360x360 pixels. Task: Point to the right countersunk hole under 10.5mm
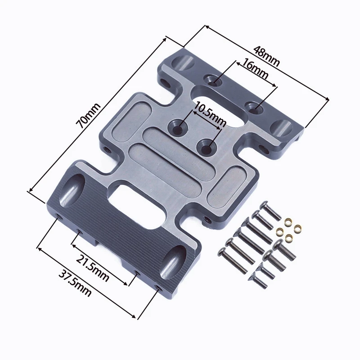(x=207, y=146)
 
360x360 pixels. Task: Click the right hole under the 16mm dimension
(x=254, y=108)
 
